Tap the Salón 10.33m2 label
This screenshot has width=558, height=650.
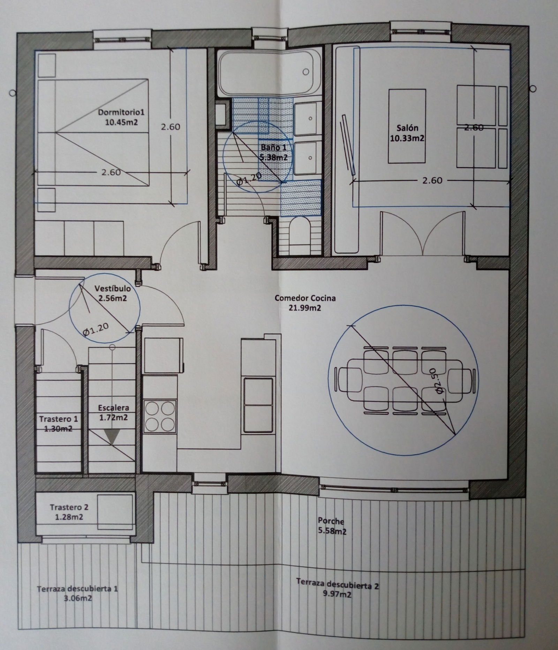pos(407,133)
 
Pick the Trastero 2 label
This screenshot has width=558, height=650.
pos(66,512)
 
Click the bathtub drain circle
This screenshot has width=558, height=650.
pos(306,72)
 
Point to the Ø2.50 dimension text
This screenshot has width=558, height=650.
pos(440,386)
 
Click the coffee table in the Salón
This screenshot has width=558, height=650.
pos(407,126)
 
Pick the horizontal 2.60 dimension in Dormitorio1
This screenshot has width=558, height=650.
pos(111,172)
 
